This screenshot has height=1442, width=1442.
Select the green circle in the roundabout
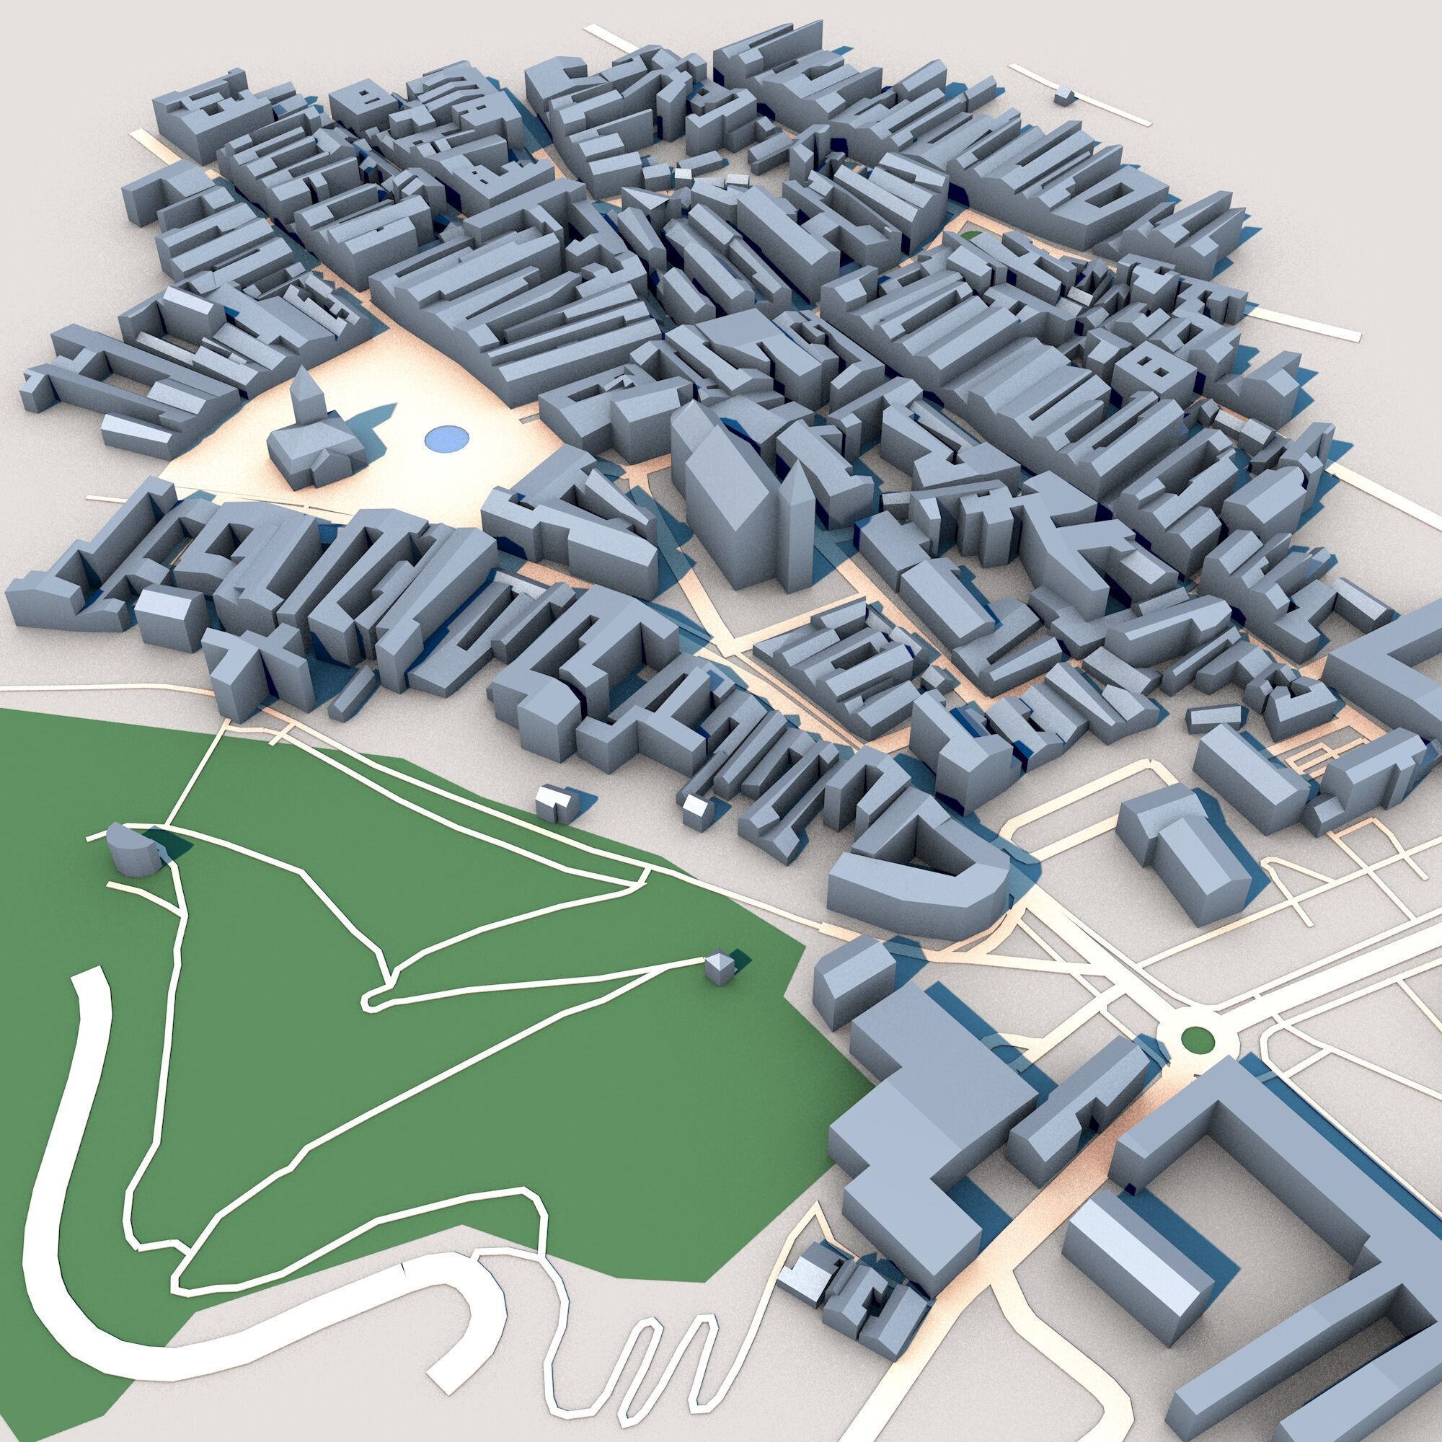click(x=1197, y=1038)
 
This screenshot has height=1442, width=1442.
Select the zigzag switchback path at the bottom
click(x=657, y=1336)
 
